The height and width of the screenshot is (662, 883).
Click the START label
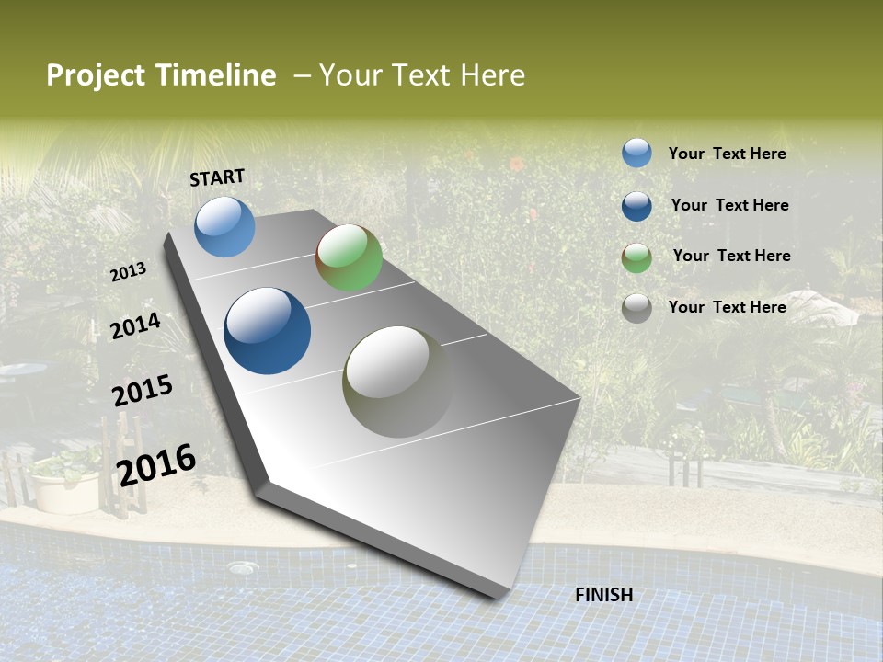[x=217, y=177]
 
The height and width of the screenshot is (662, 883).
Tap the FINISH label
[x=604, y=595]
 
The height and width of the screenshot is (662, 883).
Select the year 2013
[x=128, y=272]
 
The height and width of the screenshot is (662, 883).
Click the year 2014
[x=135, y=325]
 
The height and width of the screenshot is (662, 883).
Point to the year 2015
[x=142, y=391]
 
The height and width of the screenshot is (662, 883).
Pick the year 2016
[x=156, y=464]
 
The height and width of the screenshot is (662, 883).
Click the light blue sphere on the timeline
[x=224, y=226]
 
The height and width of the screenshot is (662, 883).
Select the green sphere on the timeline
[x=349, y=257]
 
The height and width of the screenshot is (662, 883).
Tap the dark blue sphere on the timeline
[x=267, y=331]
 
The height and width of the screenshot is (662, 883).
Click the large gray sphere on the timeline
[x=398, y=382]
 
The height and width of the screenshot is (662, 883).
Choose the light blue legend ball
[x=636, y=153]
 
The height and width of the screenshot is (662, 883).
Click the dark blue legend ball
[x=636, y=206]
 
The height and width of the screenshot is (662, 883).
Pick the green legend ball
[x=636, y=257]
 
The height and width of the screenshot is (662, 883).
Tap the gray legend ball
[x=636, y=308]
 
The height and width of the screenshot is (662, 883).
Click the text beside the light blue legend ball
[x=727, y=154]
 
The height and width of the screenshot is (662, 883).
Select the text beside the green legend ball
[x=731, y=256]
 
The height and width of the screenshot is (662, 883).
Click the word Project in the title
[x=95, y=75]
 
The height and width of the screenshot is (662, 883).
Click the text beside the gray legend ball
[x=727, y=307]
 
